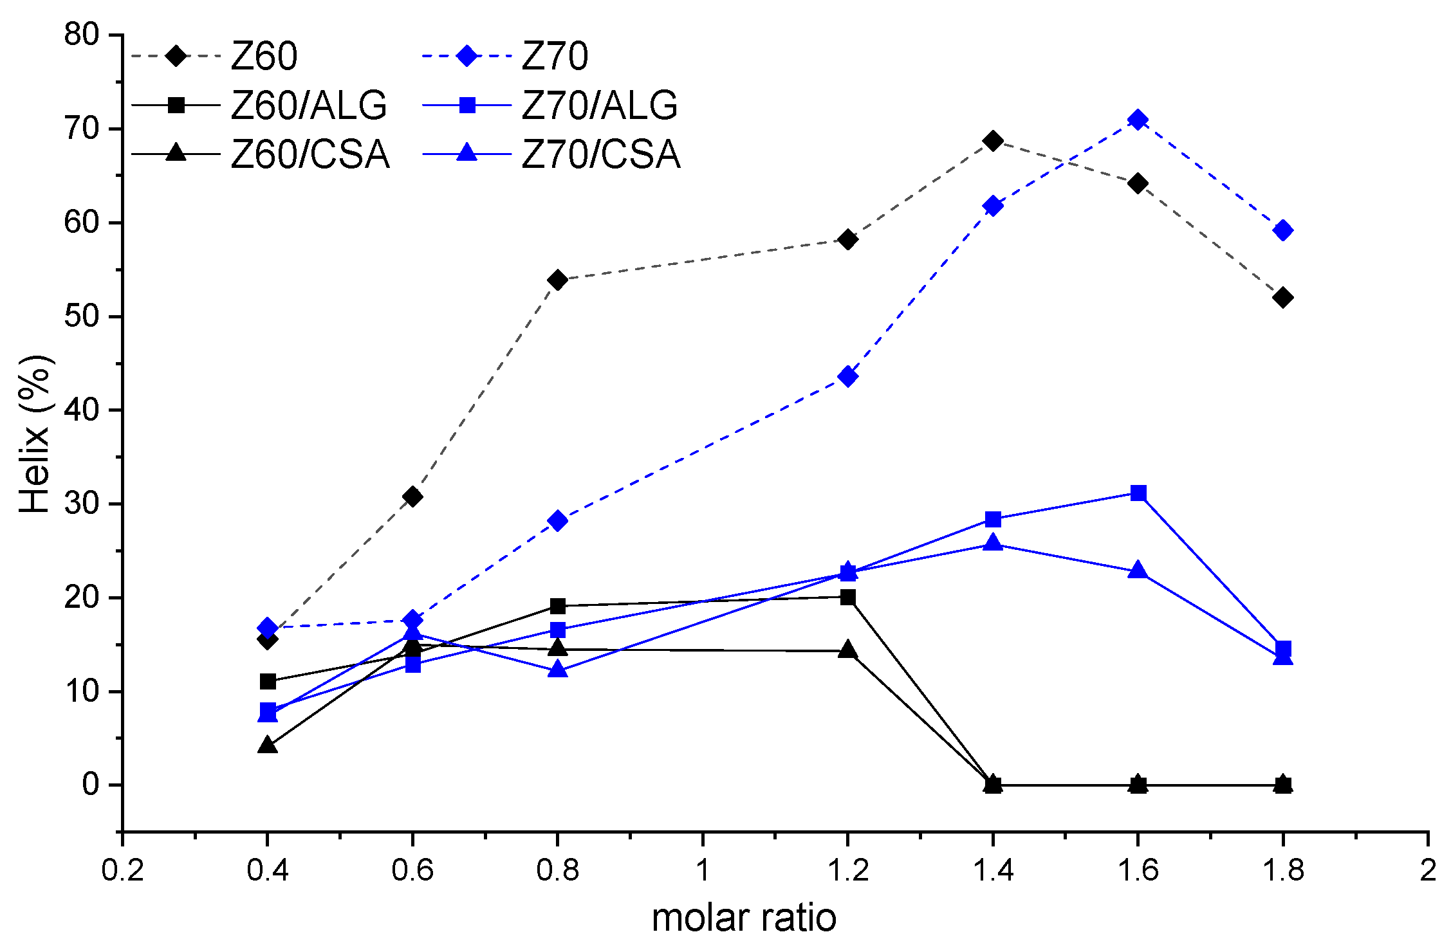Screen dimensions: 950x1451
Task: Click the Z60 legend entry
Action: tap(264, 56)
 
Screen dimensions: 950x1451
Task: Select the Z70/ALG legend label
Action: tap(599, 105)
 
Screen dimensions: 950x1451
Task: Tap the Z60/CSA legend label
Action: tap(310, 154)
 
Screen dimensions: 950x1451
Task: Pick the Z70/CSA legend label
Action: tap(600, 154)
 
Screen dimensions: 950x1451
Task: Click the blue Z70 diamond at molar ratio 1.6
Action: tap(1138, 120)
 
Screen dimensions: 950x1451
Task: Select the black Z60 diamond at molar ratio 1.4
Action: tap(993, 141)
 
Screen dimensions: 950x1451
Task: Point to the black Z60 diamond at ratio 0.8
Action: tap(558, 280)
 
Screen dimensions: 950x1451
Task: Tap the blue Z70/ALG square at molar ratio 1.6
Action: tap(1138, 493)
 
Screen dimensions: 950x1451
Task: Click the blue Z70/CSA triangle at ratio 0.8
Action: tap(558, 670)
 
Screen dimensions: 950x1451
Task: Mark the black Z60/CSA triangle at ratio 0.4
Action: tap(268, 746)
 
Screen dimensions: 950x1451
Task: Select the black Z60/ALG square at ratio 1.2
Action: tap(848, 597)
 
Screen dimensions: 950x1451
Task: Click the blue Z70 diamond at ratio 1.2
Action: tap(848, 376)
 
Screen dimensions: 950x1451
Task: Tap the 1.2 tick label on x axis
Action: tap(847, 871)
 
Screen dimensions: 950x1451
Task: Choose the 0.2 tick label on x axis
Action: tap(122, 871)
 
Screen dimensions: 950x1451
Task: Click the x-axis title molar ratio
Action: tap(743, 918)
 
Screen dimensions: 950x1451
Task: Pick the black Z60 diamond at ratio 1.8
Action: tap(1282, 298)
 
